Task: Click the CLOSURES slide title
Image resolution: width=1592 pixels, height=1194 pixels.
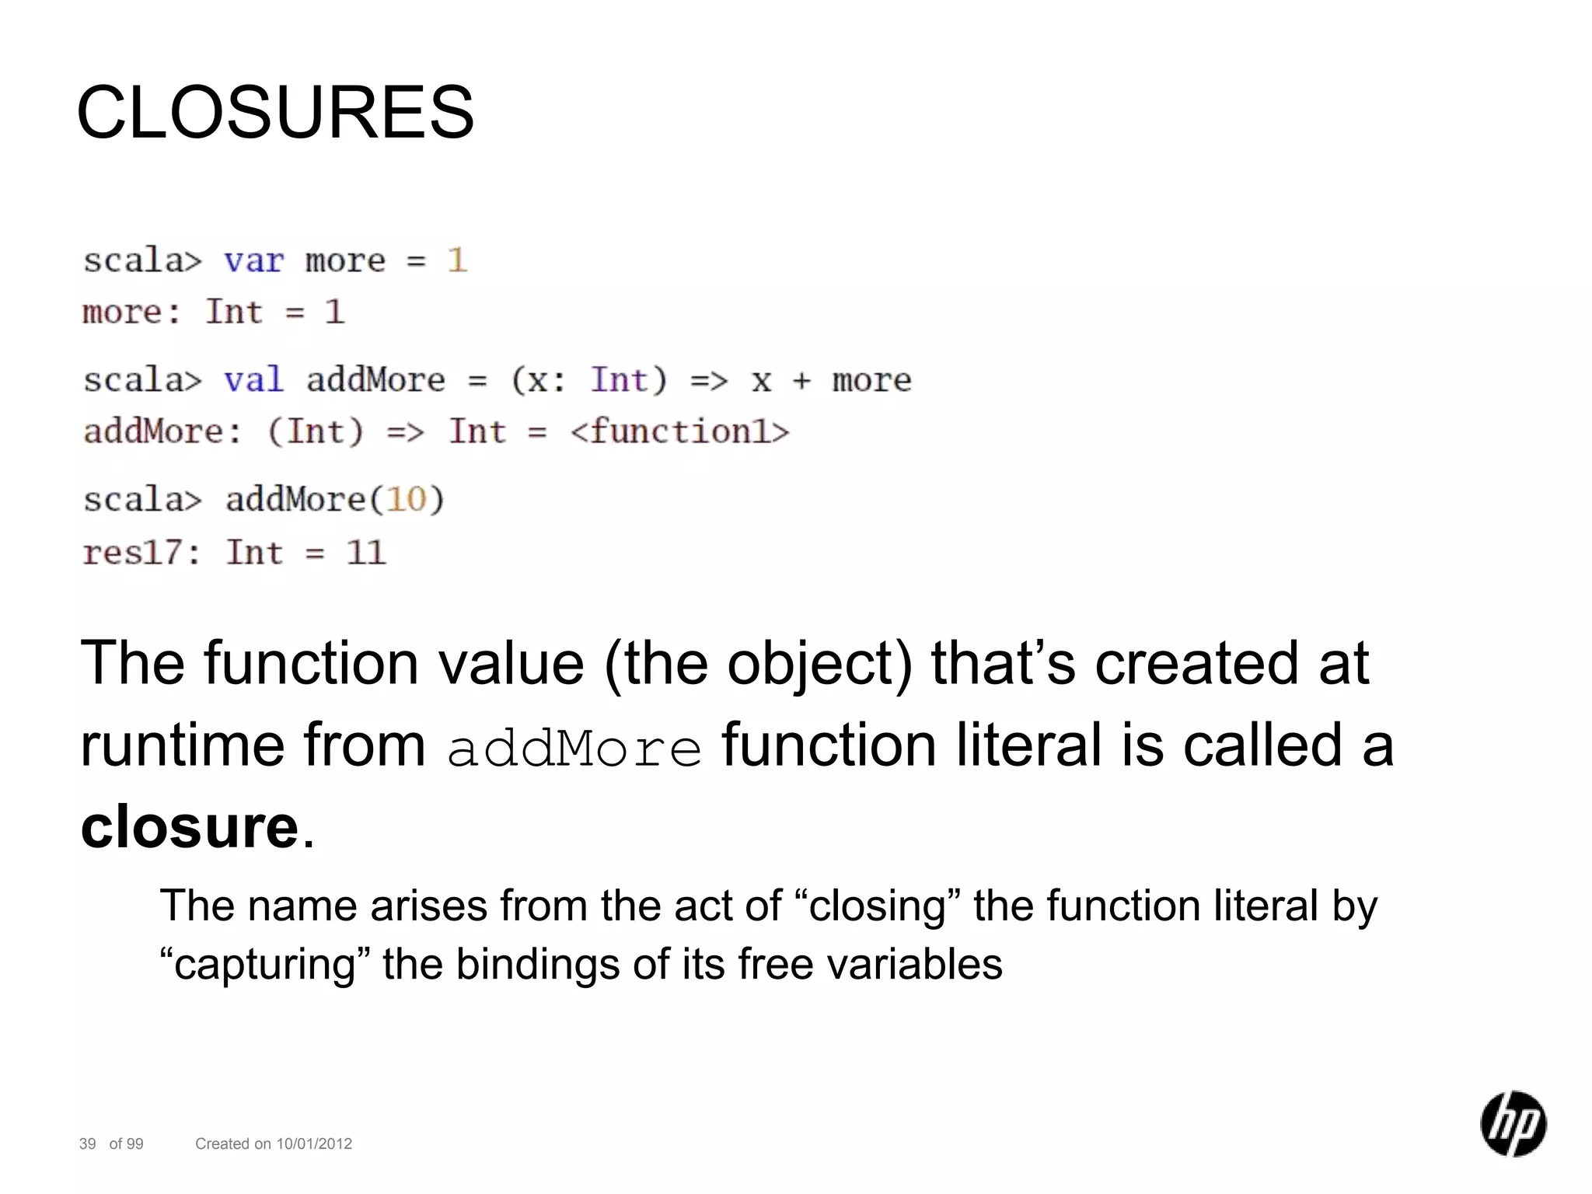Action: click(275, 113)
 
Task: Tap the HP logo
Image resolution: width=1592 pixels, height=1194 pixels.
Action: click(1513, 1123)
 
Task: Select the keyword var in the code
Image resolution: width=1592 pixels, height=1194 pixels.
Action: click(253, 260)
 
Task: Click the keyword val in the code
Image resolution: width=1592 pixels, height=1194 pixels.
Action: click(253, 380)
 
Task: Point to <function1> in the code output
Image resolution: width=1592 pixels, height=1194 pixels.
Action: click(679, 431)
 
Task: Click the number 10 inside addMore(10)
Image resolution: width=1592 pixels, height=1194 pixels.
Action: click(407, 499)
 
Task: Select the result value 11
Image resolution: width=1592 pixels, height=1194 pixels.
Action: click(365, 553)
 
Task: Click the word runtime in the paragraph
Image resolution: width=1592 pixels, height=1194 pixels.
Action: click(183, 745)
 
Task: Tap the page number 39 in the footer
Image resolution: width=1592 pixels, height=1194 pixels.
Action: click(87, 1143)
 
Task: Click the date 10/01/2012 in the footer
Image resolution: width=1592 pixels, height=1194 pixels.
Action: click(314, 1143)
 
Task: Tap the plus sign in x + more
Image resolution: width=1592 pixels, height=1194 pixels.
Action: click(801, 381)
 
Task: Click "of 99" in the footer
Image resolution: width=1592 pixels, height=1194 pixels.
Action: click(126, 1143)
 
